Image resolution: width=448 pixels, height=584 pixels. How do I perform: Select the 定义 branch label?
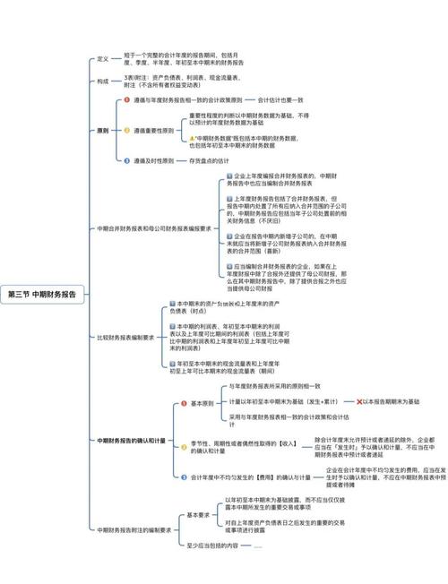[x=103, y=59]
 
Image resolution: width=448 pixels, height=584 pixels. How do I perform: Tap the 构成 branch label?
[x=103, y=81]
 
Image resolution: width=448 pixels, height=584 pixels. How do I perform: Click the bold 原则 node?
[x=103, y=130]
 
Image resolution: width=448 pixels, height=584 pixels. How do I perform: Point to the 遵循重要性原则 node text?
[x=156, y=130]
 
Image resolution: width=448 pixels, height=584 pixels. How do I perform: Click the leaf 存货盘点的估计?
[x=216, y=160]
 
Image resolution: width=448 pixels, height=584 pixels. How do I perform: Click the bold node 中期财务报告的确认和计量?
[x=132, y=441]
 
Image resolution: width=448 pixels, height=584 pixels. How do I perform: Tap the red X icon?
[x=359, y=402]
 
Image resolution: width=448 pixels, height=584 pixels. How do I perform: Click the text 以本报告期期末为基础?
[x=392, y=402]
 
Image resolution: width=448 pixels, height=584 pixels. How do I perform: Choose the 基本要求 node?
[x=198, y=515]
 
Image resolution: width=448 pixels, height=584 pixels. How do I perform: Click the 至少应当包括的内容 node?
[x=213, y=545]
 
